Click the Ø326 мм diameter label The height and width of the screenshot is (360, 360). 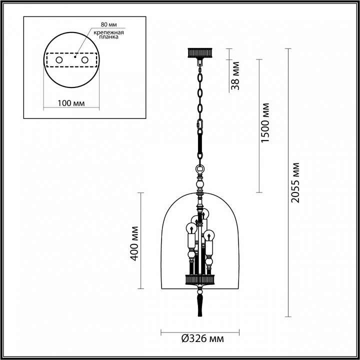tap(200, 339)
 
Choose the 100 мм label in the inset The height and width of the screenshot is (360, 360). tap(70, 103)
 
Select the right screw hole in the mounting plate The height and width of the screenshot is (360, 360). tap(84, 60)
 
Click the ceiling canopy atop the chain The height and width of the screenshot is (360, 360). tap(200, 51)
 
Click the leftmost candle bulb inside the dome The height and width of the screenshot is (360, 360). tap(190, 229)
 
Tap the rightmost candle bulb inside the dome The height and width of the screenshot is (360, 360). tap(211, 233)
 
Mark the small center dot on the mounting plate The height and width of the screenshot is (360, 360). tap(74, 57)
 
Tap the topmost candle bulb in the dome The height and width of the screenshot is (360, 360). tap(204, 212)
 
